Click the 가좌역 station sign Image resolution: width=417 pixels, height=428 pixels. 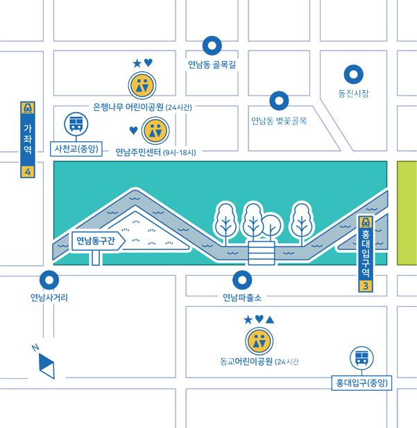28,139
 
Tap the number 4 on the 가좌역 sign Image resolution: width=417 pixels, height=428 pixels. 28,172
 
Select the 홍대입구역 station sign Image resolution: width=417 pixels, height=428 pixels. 366,253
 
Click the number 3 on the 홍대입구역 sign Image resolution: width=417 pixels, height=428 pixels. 366,286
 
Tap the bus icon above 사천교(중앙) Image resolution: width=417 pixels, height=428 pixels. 76,124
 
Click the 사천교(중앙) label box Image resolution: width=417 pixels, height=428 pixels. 76,149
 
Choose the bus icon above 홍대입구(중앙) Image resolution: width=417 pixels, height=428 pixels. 361,358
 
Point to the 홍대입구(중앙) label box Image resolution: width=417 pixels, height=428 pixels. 361,383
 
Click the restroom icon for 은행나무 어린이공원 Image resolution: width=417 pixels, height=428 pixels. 142,85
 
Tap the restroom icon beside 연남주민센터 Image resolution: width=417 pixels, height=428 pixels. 155,130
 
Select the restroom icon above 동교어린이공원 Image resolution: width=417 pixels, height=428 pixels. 259,341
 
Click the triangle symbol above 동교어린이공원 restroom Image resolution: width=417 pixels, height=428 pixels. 270,320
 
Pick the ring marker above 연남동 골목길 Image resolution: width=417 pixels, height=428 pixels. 212,46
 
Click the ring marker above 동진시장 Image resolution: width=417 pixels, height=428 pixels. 354,74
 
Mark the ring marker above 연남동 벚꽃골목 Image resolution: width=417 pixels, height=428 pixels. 279,100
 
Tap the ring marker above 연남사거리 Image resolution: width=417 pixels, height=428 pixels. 49,280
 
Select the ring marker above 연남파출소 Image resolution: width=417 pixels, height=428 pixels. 242,280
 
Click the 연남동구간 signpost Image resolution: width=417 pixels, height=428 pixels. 98,241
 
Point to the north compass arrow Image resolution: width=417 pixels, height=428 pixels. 46,366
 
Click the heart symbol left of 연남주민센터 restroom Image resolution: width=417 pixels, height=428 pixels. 133,130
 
